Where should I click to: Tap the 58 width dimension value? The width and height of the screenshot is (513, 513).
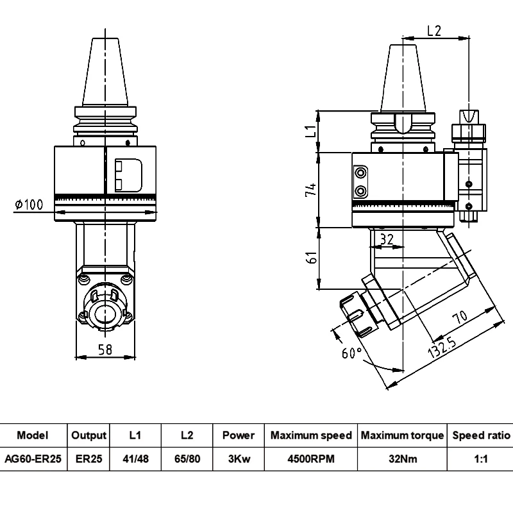106,349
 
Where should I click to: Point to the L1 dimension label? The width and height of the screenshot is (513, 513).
310,132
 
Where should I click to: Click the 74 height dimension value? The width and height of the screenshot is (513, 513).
310,190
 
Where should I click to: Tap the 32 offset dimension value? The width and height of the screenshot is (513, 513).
387,239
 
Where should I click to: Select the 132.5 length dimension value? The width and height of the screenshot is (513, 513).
445,347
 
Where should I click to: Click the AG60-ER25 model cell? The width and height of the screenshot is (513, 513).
33,459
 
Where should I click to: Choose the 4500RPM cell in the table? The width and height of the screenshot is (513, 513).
311,459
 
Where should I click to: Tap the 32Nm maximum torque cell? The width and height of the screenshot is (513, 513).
401,459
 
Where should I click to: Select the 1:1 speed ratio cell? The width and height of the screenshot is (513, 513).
481,459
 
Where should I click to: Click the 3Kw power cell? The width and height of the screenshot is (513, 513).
239,459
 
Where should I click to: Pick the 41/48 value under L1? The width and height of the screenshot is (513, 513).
135,459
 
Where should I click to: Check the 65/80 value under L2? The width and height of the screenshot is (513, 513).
187,459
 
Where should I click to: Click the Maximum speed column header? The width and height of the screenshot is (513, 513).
311,435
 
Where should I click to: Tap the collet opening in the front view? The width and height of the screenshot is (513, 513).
105,313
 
